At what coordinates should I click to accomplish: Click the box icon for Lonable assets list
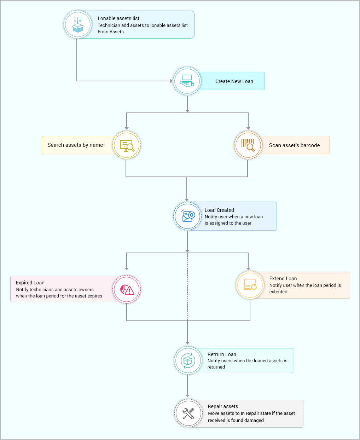point(78,24)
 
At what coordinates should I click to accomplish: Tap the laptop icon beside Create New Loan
point(187,81)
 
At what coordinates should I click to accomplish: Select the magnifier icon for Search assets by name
point(127,145)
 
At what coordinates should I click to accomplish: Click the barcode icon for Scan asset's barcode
point(248,145)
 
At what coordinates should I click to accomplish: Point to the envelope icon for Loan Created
point(187,216)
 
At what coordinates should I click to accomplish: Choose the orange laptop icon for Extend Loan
point(250,285)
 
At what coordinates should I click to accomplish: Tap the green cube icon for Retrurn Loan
point(187,360)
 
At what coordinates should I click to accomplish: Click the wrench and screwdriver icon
point(188,413)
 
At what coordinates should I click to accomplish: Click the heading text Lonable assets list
point(118,18)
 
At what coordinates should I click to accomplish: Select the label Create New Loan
point(234,81)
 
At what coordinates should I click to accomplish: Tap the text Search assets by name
point(75,145)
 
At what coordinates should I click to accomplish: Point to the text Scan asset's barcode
point(294,145)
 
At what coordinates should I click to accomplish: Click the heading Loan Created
point(219,210)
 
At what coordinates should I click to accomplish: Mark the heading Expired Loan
point(30,283)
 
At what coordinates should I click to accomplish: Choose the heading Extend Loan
point(283,278)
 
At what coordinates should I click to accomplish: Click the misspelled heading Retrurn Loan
point(222,354)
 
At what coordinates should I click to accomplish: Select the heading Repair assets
point(223,406)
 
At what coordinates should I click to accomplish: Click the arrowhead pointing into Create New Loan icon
point(172,81)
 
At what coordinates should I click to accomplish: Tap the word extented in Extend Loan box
point(278,292)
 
